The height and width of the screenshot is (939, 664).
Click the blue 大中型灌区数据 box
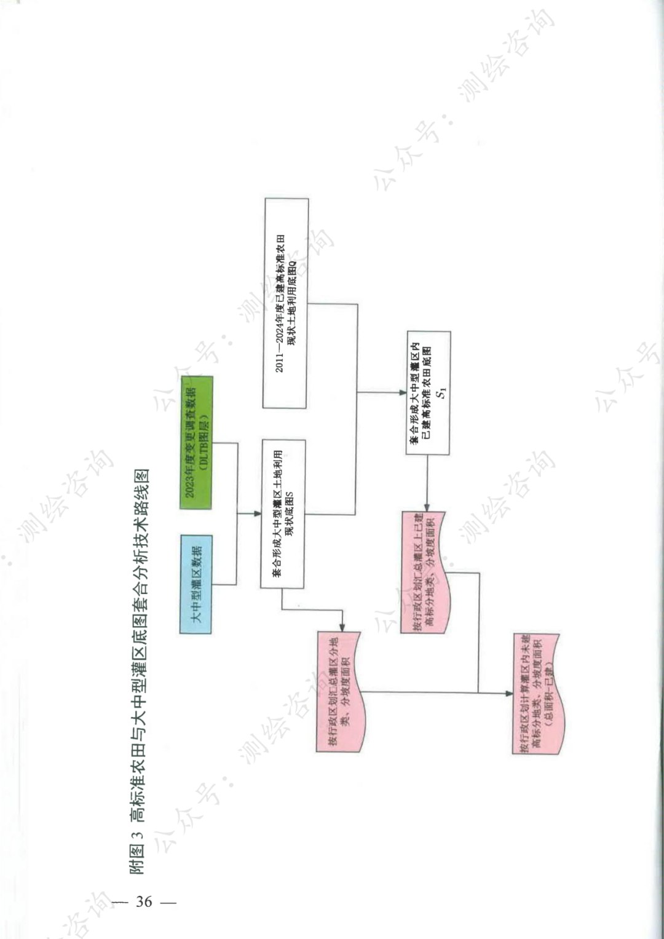(196, 584)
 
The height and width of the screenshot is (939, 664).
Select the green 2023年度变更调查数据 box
(196, 443)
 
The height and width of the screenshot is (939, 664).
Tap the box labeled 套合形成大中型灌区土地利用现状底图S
(283, 513)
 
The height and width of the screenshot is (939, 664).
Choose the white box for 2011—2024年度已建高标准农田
(285, 304)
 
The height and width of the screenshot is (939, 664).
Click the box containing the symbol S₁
(428, 393)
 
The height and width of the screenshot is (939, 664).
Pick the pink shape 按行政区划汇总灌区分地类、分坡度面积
(339, 691)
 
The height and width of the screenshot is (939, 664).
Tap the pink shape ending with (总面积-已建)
(536, 694)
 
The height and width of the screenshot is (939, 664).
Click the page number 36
(144, 901)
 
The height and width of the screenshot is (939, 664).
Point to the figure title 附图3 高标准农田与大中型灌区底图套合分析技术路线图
(139, 670)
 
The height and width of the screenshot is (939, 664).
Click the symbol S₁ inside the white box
(441, 392)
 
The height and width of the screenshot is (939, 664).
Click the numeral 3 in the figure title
(138, 834)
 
